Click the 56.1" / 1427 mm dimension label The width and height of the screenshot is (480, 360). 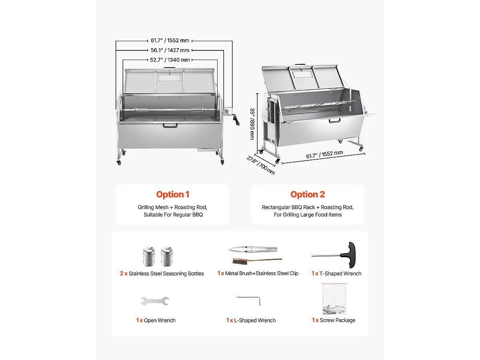(170, 50)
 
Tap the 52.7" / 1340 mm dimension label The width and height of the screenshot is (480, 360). (170, 60)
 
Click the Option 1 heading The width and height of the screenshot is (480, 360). (172, 195)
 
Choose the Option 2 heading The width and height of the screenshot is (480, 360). (308, 195)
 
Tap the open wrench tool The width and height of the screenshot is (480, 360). (155, 301)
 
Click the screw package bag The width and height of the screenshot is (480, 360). (334, 299)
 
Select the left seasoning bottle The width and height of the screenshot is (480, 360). (148, 256)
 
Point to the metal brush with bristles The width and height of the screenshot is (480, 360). (240, 260)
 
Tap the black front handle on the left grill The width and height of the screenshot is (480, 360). (170, 126)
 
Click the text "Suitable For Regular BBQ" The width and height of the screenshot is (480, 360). (173, 215)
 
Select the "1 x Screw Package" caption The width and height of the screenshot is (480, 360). (334, 320)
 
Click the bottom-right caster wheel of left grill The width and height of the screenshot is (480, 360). (222, 162)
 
